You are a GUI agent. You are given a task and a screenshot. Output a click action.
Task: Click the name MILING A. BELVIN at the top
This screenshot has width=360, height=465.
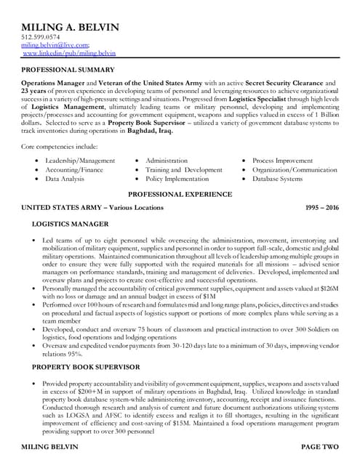(x=69, y=25)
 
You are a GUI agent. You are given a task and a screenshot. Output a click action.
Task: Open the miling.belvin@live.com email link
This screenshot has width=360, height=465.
(x=49, y=45)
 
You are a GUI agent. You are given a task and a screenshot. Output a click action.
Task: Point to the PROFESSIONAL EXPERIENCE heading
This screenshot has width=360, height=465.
(x=180, y=194)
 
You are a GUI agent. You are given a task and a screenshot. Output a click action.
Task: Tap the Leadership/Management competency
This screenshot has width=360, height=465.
(x=80, y=160)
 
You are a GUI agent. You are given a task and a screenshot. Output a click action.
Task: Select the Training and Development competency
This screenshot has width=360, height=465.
(x=184, y=169)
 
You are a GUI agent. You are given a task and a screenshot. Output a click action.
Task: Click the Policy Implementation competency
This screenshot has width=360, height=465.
(x=182, y=178)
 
